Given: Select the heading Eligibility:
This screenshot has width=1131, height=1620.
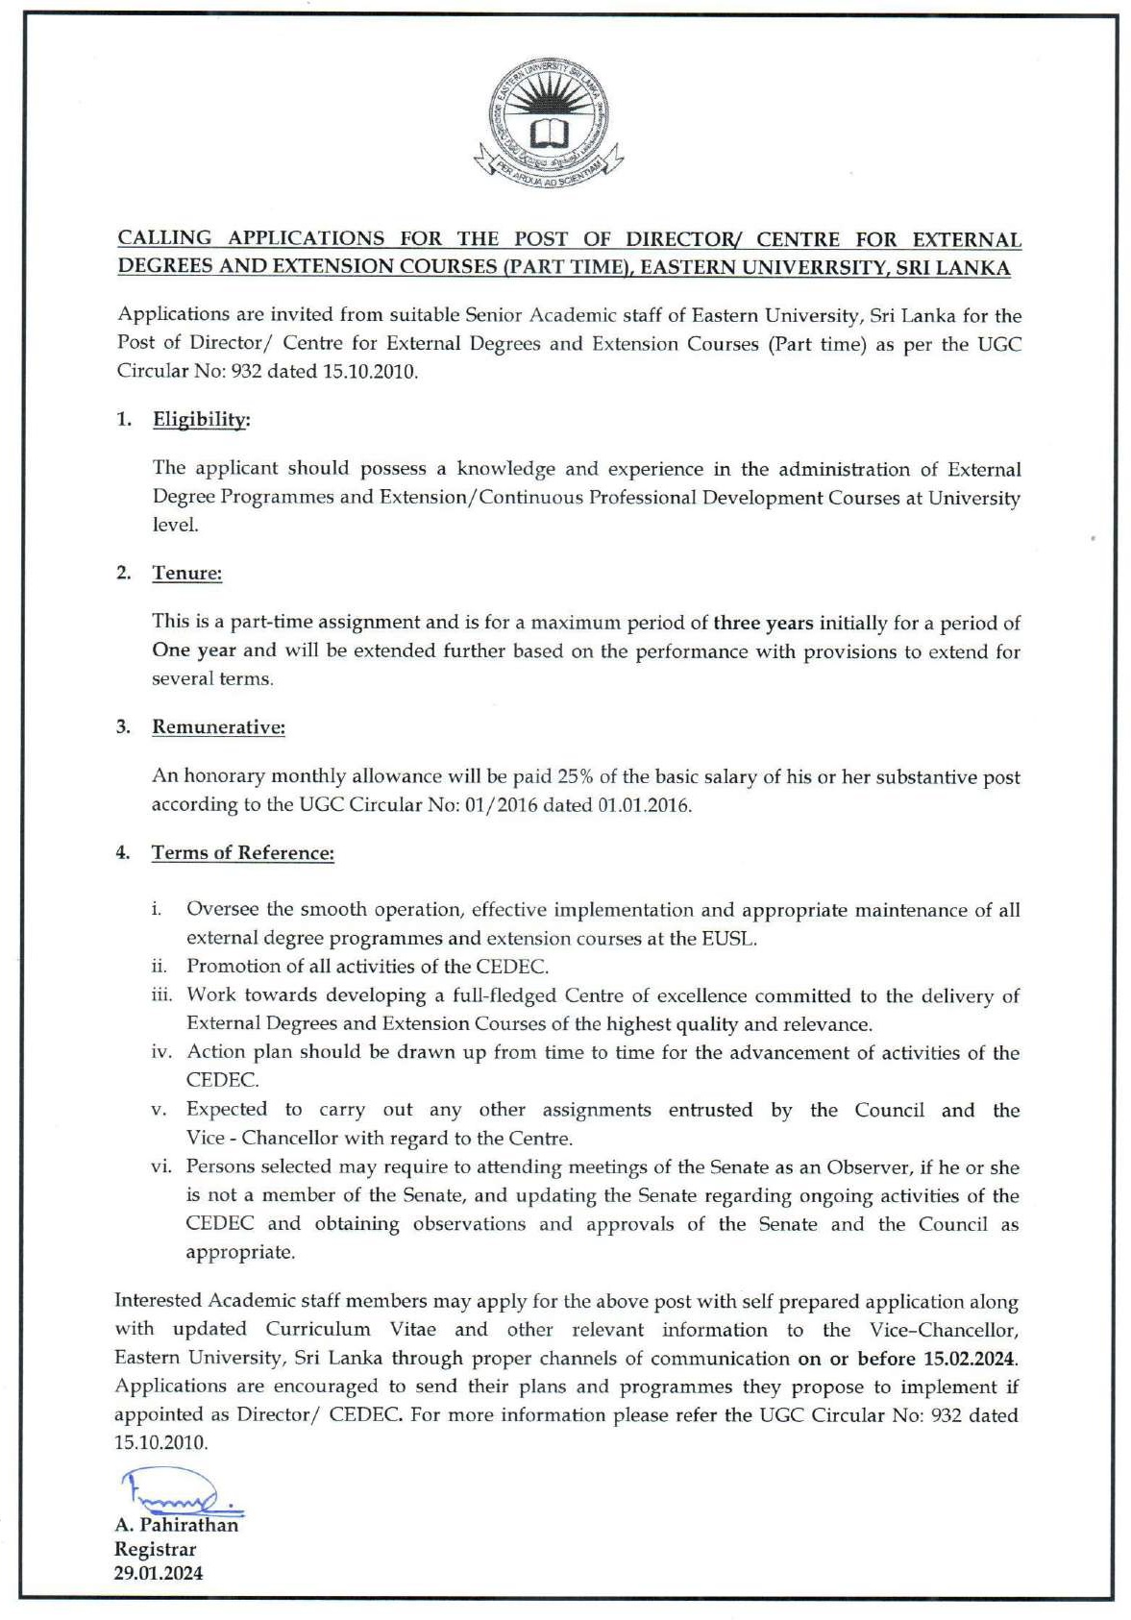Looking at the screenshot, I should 202,419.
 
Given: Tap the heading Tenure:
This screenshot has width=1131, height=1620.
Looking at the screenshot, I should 186,573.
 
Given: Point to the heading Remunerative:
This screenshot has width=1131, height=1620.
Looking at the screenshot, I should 218,726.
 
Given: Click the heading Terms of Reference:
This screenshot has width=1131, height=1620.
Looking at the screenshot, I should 242,852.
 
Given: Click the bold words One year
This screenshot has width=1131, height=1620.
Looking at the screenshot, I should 194,650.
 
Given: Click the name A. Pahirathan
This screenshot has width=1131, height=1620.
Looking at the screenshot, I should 176,1525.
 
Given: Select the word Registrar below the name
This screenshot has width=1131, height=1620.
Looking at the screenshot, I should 155,1549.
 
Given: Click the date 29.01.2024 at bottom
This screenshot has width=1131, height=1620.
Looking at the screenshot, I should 159,1574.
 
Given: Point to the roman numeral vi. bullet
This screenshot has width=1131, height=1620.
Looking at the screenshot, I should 161,1166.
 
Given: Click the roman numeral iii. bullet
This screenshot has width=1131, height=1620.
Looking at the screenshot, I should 161,995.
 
